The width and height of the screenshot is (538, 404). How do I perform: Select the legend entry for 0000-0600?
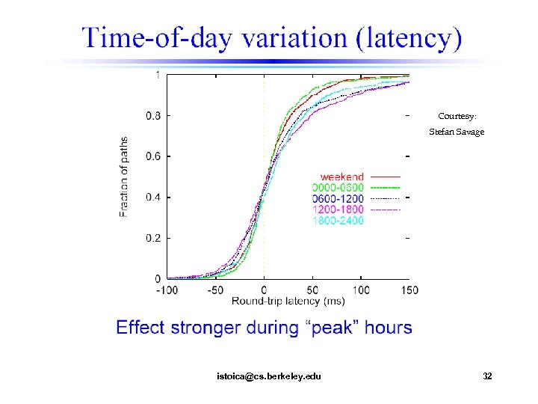pos(338,188)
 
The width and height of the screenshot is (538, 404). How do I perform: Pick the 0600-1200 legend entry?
pos(338,199)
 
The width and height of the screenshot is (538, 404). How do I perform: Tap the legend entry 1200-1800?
pos(338,210)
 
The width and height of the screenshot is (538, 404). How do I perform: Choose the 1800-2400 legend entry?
pos(338,221)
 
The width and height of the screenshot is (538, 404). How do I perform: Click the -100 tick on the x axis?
pos(167,290)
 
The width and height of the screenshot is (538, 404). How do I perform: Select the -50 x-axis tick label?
pos(217,290)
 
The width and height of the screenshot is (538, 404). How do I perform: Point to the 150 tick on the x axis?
pos(409,290)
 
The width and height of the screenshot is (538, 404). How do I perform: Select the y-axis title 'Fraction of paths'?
pos(124,177)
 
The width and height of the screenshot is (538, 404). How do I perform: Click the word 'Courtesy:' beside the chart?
pos(457,116)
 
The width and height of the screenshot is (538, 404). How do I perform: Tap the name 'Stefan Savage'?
pos(457,132)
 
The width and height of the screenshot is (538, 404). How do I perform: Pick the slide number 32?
pos(487,376)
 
